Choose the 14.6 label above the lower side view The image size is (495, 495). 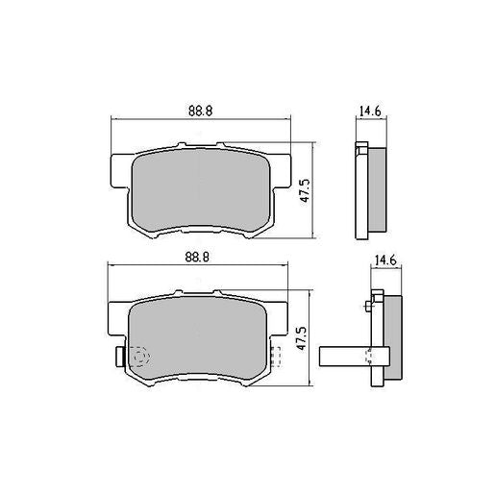[384, 260]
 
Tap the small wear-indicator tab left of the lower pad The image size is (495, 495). [117, 359]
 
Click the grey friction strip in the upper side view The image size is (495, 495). [378, 190]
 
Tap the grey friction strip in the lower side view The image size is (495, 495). [393, 338]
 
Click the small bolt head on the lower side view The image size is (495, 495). [368, 308]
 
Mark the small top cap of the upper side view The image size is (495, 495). [361, 147]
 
